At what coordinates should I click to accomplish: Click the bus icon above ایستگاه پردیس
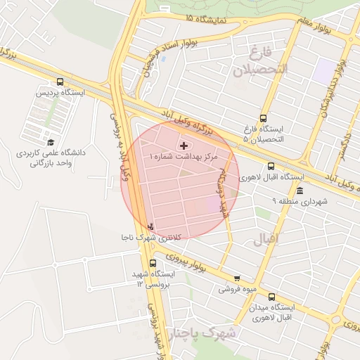pos(60,82)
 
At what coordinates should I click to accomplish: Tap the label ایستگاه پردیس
pos(60,93)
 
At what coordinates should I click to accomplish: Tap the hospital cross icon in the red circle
pos(184,146)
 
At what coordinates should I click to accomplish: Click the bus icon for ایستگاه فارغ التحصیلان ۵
pos(263,118)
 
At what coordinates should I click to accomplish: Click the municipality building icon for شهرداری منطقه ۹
pos(300,192)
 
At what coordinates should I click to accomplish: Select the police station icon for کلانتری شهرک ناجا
pos(151,226)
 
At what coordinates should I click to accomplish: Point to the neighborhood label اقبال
pos(266,239)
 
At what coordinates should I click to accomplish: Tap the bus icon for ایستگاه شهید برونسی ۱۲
pos(153,263)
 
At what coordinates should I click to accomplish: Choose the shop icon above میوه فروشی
pos(236,278)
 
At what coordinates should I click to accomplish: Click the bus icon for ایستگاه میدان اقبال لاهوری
pos(271,297)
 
